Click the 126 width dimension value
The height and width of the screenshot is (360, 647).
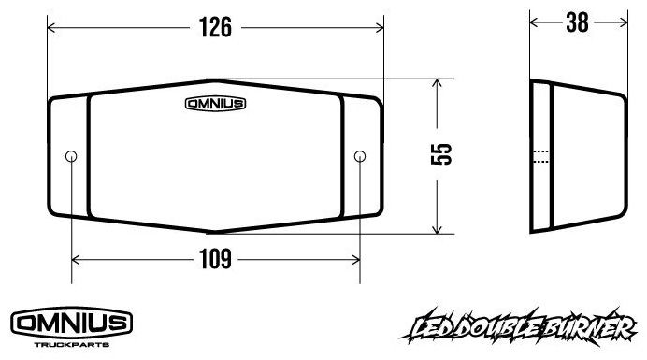tap(215, 27)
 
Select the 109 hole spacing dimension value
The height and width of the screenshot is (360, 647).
tap(215, 259)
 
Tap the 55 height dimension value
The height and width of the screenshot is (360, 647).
tap(441, 154)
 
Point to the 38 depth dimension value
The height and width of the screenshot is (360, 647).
tap(577, 22)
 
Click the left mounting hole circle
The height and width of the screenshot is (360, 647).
tap(71, 156)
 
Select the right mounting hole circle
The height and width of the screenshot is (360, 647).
tap(360, 156)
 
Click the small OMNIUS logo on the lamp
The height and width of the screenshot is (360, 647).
tap(215, 104)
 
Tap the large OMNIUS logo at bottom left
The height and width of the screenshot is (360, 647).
tap(71, 324)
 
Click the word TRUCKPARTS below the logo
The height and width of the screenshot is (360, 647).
tap(71, 344)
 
